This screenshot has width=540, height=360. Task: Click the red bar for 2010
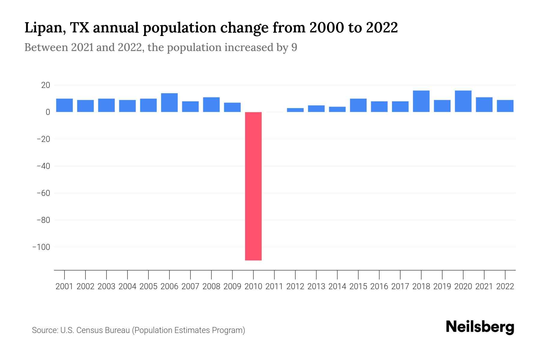click(x=253, y=186)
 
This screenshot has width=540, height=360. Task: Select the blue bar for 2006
click(x=169, y=103)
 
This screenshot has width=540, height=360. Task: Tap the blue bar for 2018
click(x=421, y=101)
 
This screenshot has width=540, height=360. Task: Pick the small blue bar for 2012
click(x=295, y=110)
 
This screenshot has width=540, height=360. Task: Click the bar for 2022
click(x=505, y=106)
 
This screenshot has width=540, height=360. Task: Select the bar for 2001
click(x=64, y=105)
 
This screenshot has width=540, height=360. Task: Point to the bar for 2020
click(x=463, y=101)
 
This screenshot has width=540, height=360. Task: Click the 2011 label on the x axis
click(x=274, y=286)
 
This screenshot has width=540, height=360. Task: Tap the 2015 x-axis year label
click(x=358, y=286)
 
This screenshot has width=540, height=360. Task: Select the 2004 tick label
click(x=127, y=286)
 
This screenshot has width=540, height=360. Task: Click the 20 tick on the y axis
click(x=46, y=85)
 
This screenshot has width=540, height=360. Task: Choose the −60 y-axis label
click(x=43, y=193)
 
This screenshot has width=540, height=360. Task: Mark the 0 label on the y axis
click(x=48, y=112)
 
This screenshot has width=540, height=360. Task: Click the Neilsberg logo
click(x=480, y=327)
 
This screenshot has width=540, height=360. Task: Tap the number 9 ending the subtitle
click(x=294, y=47)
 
